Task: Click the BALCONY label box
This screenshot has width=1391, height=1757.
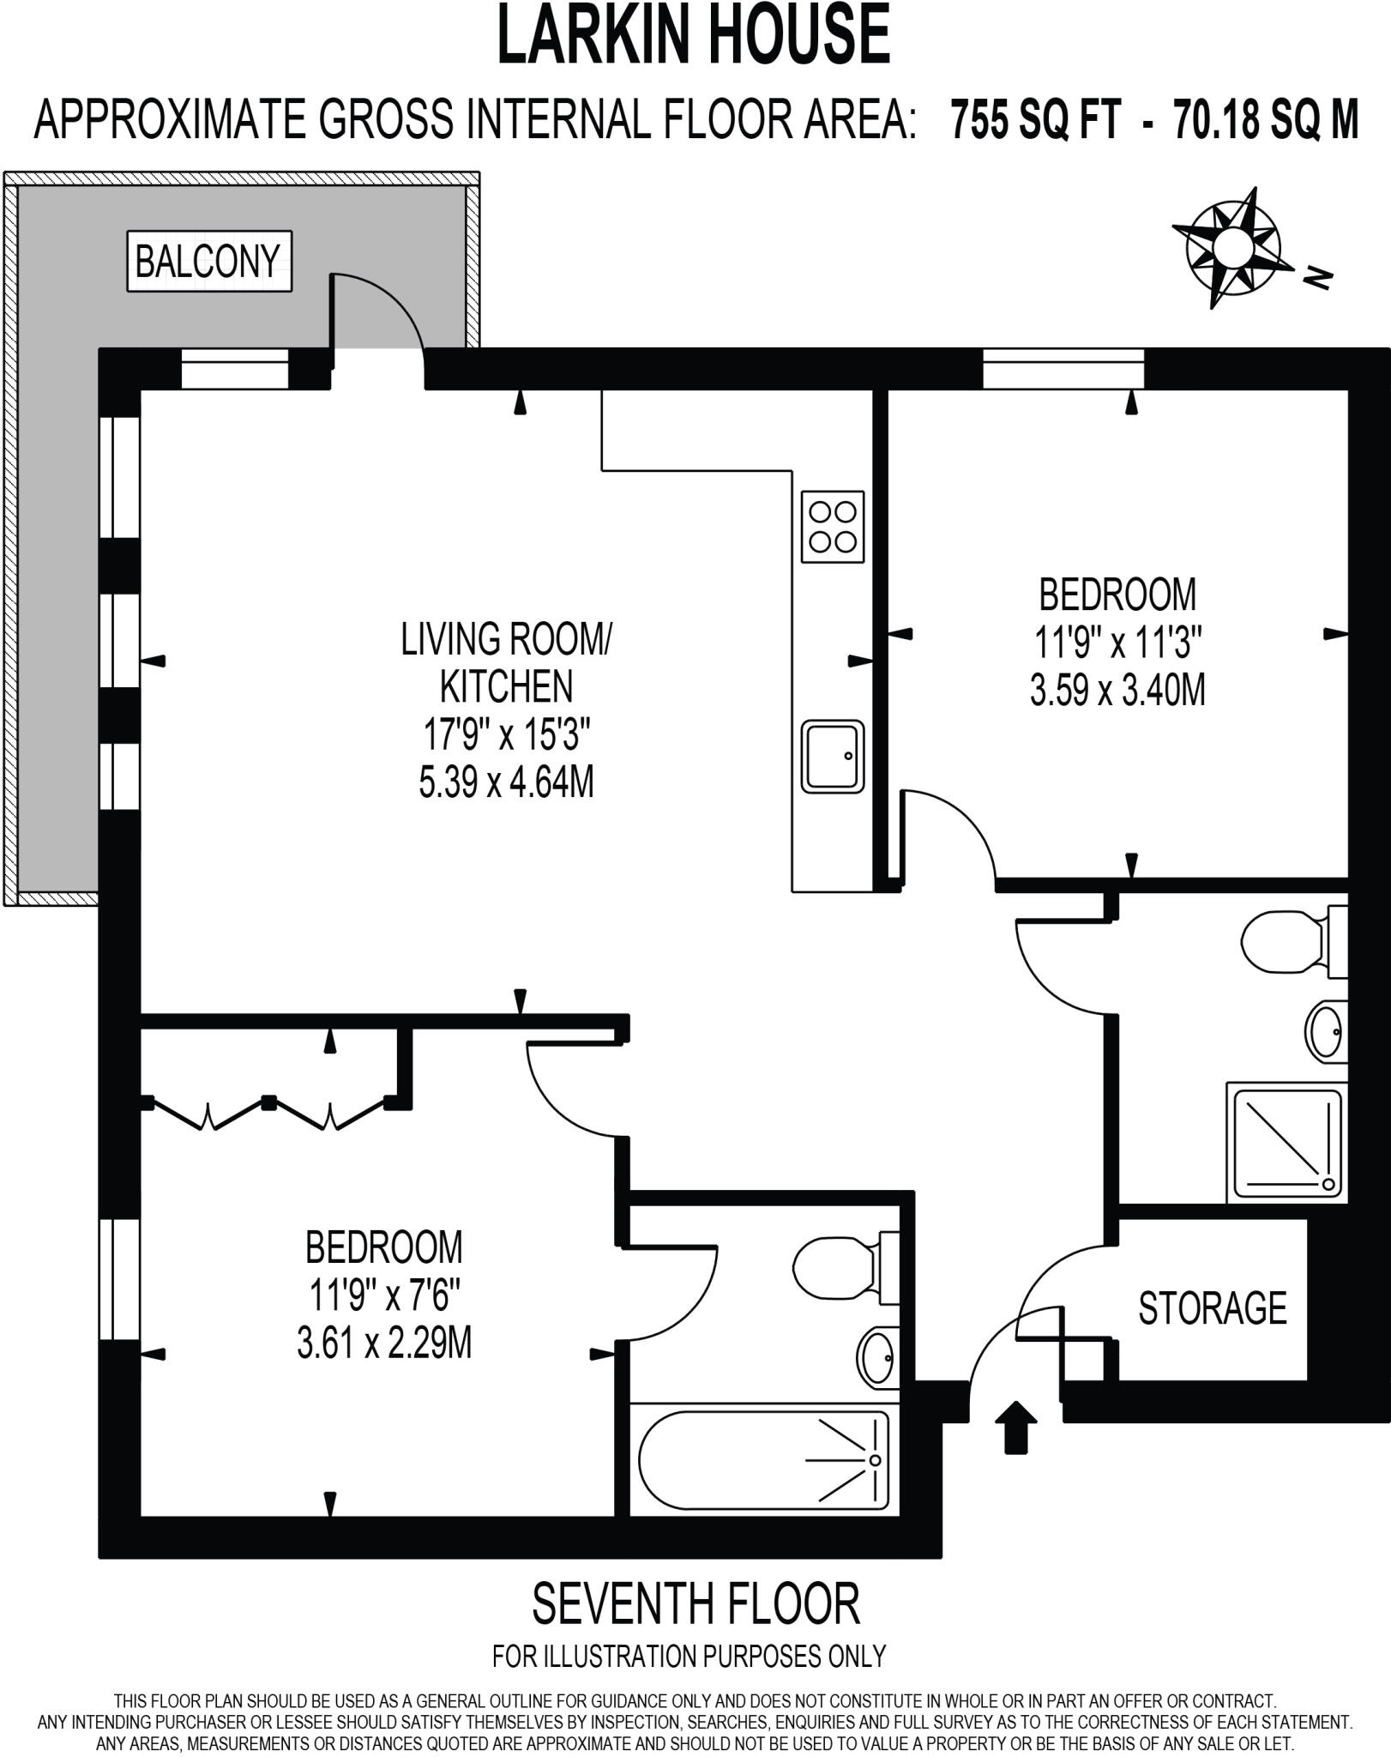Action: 209,261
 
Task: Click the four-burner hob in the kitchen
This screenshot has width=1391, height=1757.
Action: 832,527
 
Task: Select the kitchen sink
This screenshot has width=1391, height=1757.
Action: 832,757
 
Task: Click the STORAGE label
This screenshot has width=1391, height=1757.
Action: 1212,1307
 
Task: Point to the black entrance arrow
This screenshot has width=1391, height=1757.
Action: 1015,1428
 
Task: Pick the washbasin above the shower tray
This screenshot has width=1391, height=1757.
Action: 1326,1030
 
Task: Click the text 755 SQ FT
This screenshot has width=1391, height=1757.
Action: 1035,119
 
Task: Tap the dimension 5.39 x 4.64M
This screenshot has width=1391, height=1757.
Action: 506,782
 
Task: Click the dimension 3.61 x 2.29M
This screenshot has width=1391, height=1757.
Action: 384,1343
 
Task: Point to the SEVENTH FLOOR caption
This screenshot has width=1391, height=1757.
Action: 695,1604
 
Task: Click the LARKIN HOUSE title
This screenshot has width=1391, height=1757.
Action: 694,34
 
